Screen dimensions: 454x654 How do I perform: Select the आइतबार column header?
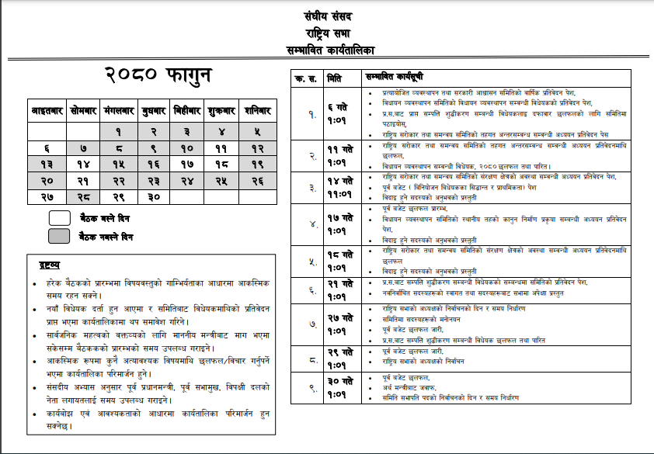(x=46, y=111)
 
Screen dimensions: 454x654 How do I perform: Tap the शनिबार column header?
(x=256, y=111)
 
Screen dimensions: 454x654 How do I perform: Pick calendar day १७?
(x=186, y=164)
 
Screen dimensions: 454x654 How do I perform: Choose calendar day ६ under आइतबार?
(x=47, y=147)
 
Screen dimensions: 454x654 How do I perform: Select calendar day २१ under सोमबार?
(x=83, y=180)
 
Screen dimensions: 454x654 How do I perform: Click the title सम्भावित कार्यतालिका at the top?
(x=330, y=50)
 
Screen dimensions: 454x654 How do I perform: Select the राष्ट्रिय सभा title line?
(x=329, y=33)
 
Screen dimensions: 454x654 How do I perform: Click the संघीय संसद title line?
(x=329, y=16)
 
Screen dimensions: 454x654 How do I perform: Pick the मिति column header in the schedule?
(x=335, y=78)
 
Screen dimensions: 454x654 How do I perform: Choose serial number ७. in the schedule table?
(x=310, y=324)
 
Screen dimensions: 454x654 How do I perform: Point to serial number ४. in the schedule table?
(x=310, y=224)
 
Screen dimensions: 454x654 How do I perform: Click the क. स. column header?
(x=301, y=78)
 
